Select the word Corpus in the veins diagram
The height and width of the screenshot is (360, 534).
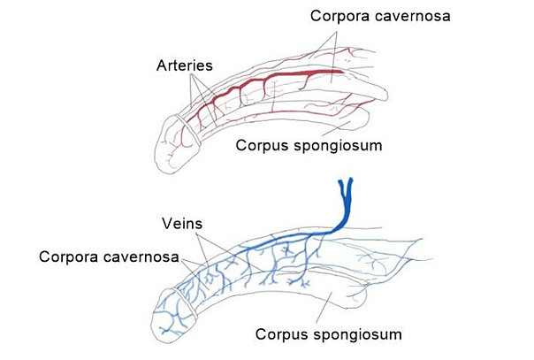281,334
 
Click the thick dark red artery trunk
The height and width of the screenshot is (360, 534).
292,75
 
